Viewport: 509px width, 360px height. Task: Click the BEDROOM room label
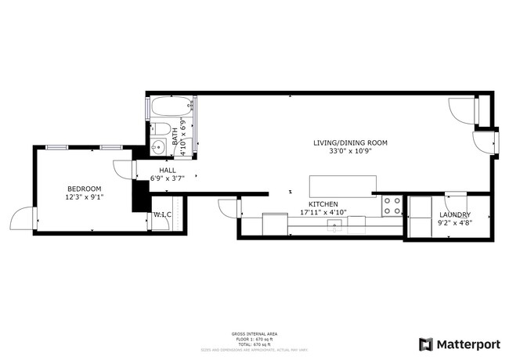[84, 189]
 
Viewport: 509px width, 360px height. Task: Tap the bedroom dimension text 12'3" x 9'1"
[84, 197]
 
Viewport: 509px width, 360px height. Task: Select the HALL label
[168, 170]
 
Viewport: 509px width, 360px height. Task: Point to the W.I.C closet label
[162, 214]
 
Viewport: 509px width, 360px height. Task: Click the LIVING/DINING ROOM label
[350, 142]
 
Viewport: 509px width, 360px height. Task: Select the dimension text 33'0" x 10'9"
[350, 151]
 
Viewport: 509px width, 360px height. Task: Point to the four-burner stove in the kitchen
[392, 207]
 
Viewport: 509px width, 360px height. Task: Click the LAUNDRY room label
[454, 214]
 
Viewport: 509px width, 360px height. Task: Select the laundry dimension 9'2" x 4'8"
[454, 222]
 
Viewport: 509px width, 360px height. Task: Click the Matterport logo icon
[426, 343]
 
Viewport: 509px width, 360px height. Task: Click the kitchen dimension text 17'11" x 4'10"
[323, 213]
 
